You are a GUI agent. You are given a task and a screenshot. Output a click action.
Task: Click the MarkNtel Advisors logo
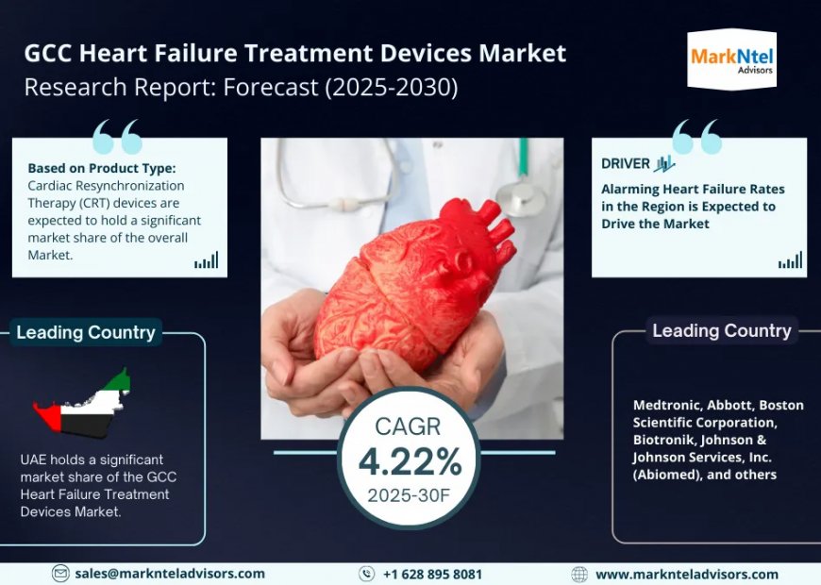click(731, 60)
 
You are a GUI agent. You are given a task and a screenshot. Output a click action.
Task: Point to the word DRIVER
click(626, 163)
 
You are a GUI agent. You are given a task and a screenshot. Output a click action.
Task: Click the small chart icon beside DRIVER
click(664, 163)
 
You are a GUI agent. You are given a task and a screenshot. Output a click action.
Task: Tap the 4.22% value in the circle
click(410, 461)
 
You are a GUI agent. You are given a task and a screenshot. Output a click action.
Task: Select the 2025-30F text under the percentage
click(410, 495)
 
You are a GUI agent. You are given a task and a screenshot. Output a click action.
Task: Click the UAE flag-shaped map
click(83, 405)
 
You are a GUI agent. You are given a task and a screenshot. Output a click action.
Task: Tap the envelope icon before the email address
click(60, 574)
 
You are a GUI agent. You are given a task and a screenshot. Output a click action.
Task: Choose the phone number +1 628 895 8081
click(432, 574)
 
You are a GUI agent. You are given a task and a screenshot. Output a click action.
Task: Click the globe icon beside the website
click(579, 574)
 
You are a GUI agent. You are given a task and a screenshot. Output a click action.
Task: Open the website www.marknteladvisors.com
click(687, 574)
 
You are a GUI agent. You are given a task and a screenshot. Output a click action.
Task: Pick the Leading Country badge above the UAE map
click(86, 332)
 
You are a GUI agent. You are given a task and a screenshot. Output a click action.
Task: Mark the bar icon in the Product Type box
click(206, 260)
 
